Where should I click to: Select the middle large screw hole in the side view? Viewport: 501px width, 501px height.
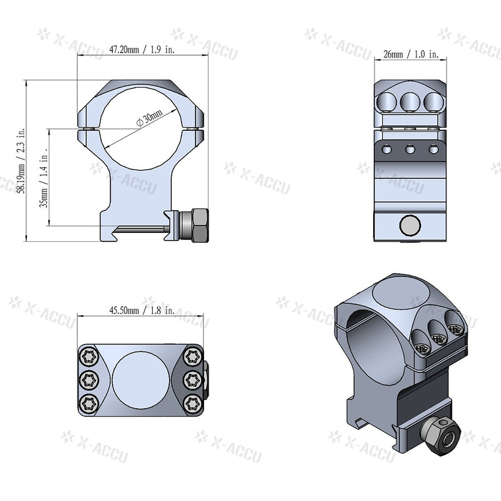click(410, 101)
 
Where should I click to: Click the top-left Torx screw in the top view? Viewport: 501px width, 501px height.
click(88, 358)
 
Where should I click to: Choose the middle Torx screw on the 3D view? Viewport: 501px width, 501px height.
click(439, 339)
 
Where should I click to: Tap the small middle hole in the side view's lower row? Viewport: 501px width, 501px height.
click(410, 149)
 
